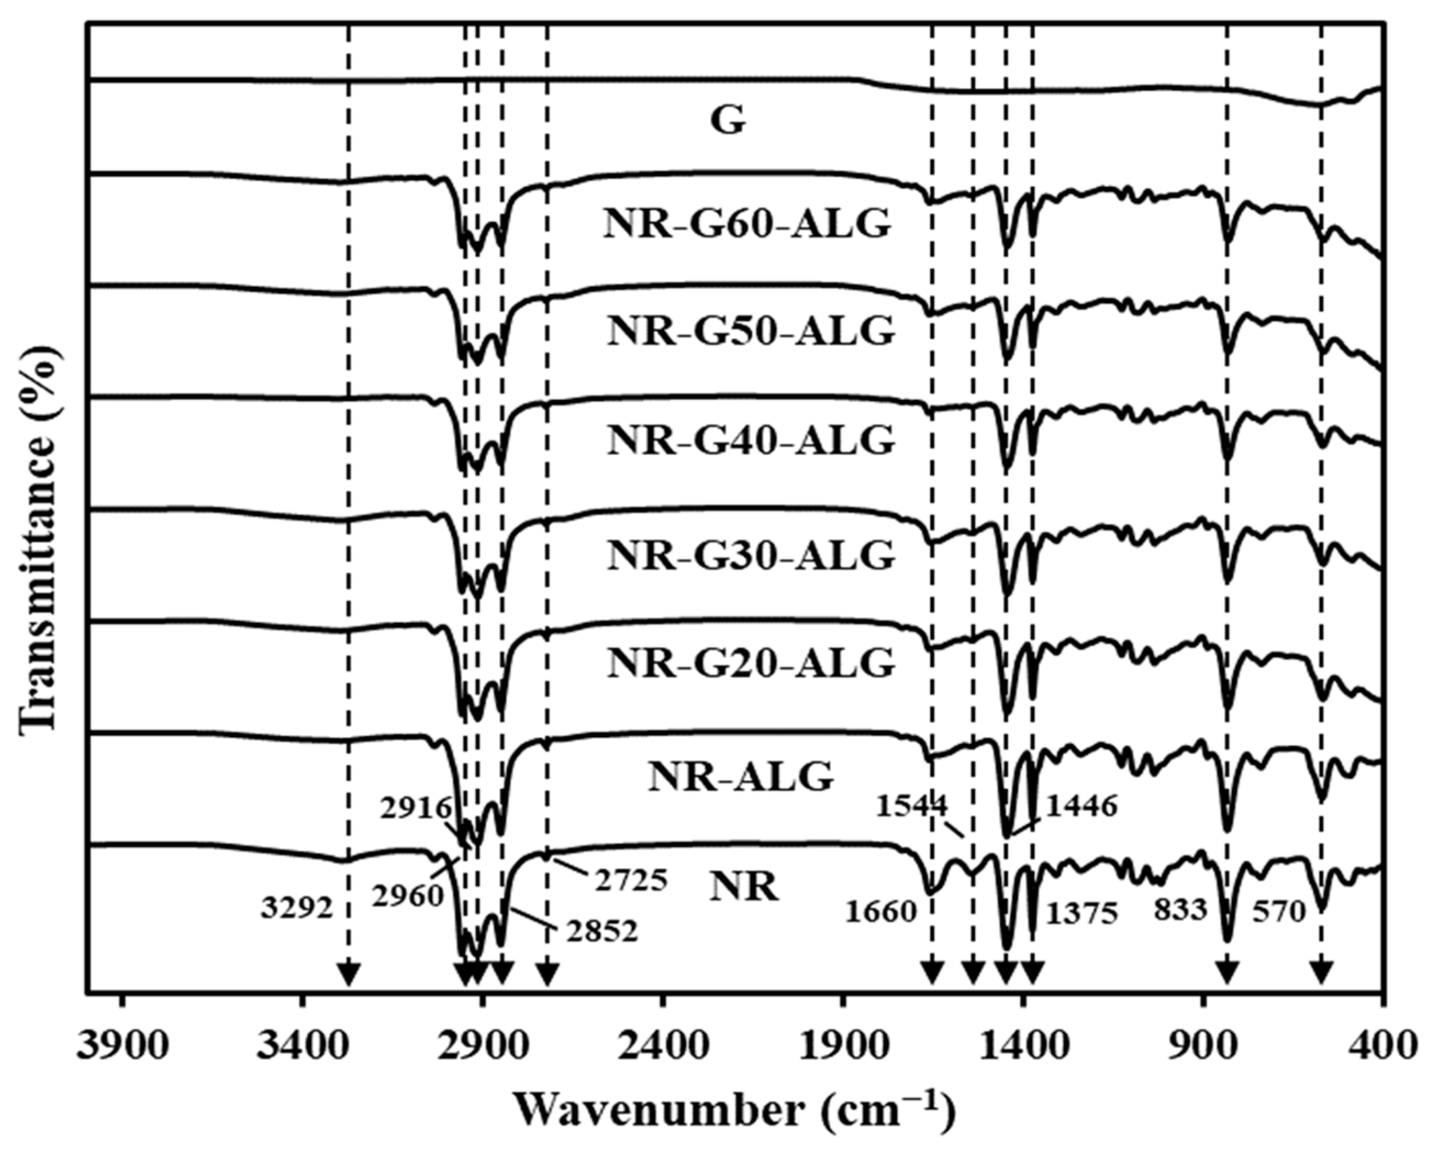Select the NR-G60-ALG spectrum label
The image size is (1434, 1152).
[x=747, y=224]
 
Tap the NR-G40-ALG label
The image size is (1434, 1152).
[x=750, y=441]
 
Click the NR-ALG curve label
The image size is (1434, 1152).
[x=740, y=776]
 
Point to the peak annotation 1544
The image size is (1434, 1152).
[x=911, y=807]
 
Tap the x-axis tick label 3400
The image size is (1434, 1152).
[x=302, y=1048]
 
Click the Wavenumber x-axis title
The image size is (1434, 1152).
[x=735, y=1111]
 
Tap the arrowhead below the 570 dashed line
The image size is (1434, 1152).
[x=1321, y=975]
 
